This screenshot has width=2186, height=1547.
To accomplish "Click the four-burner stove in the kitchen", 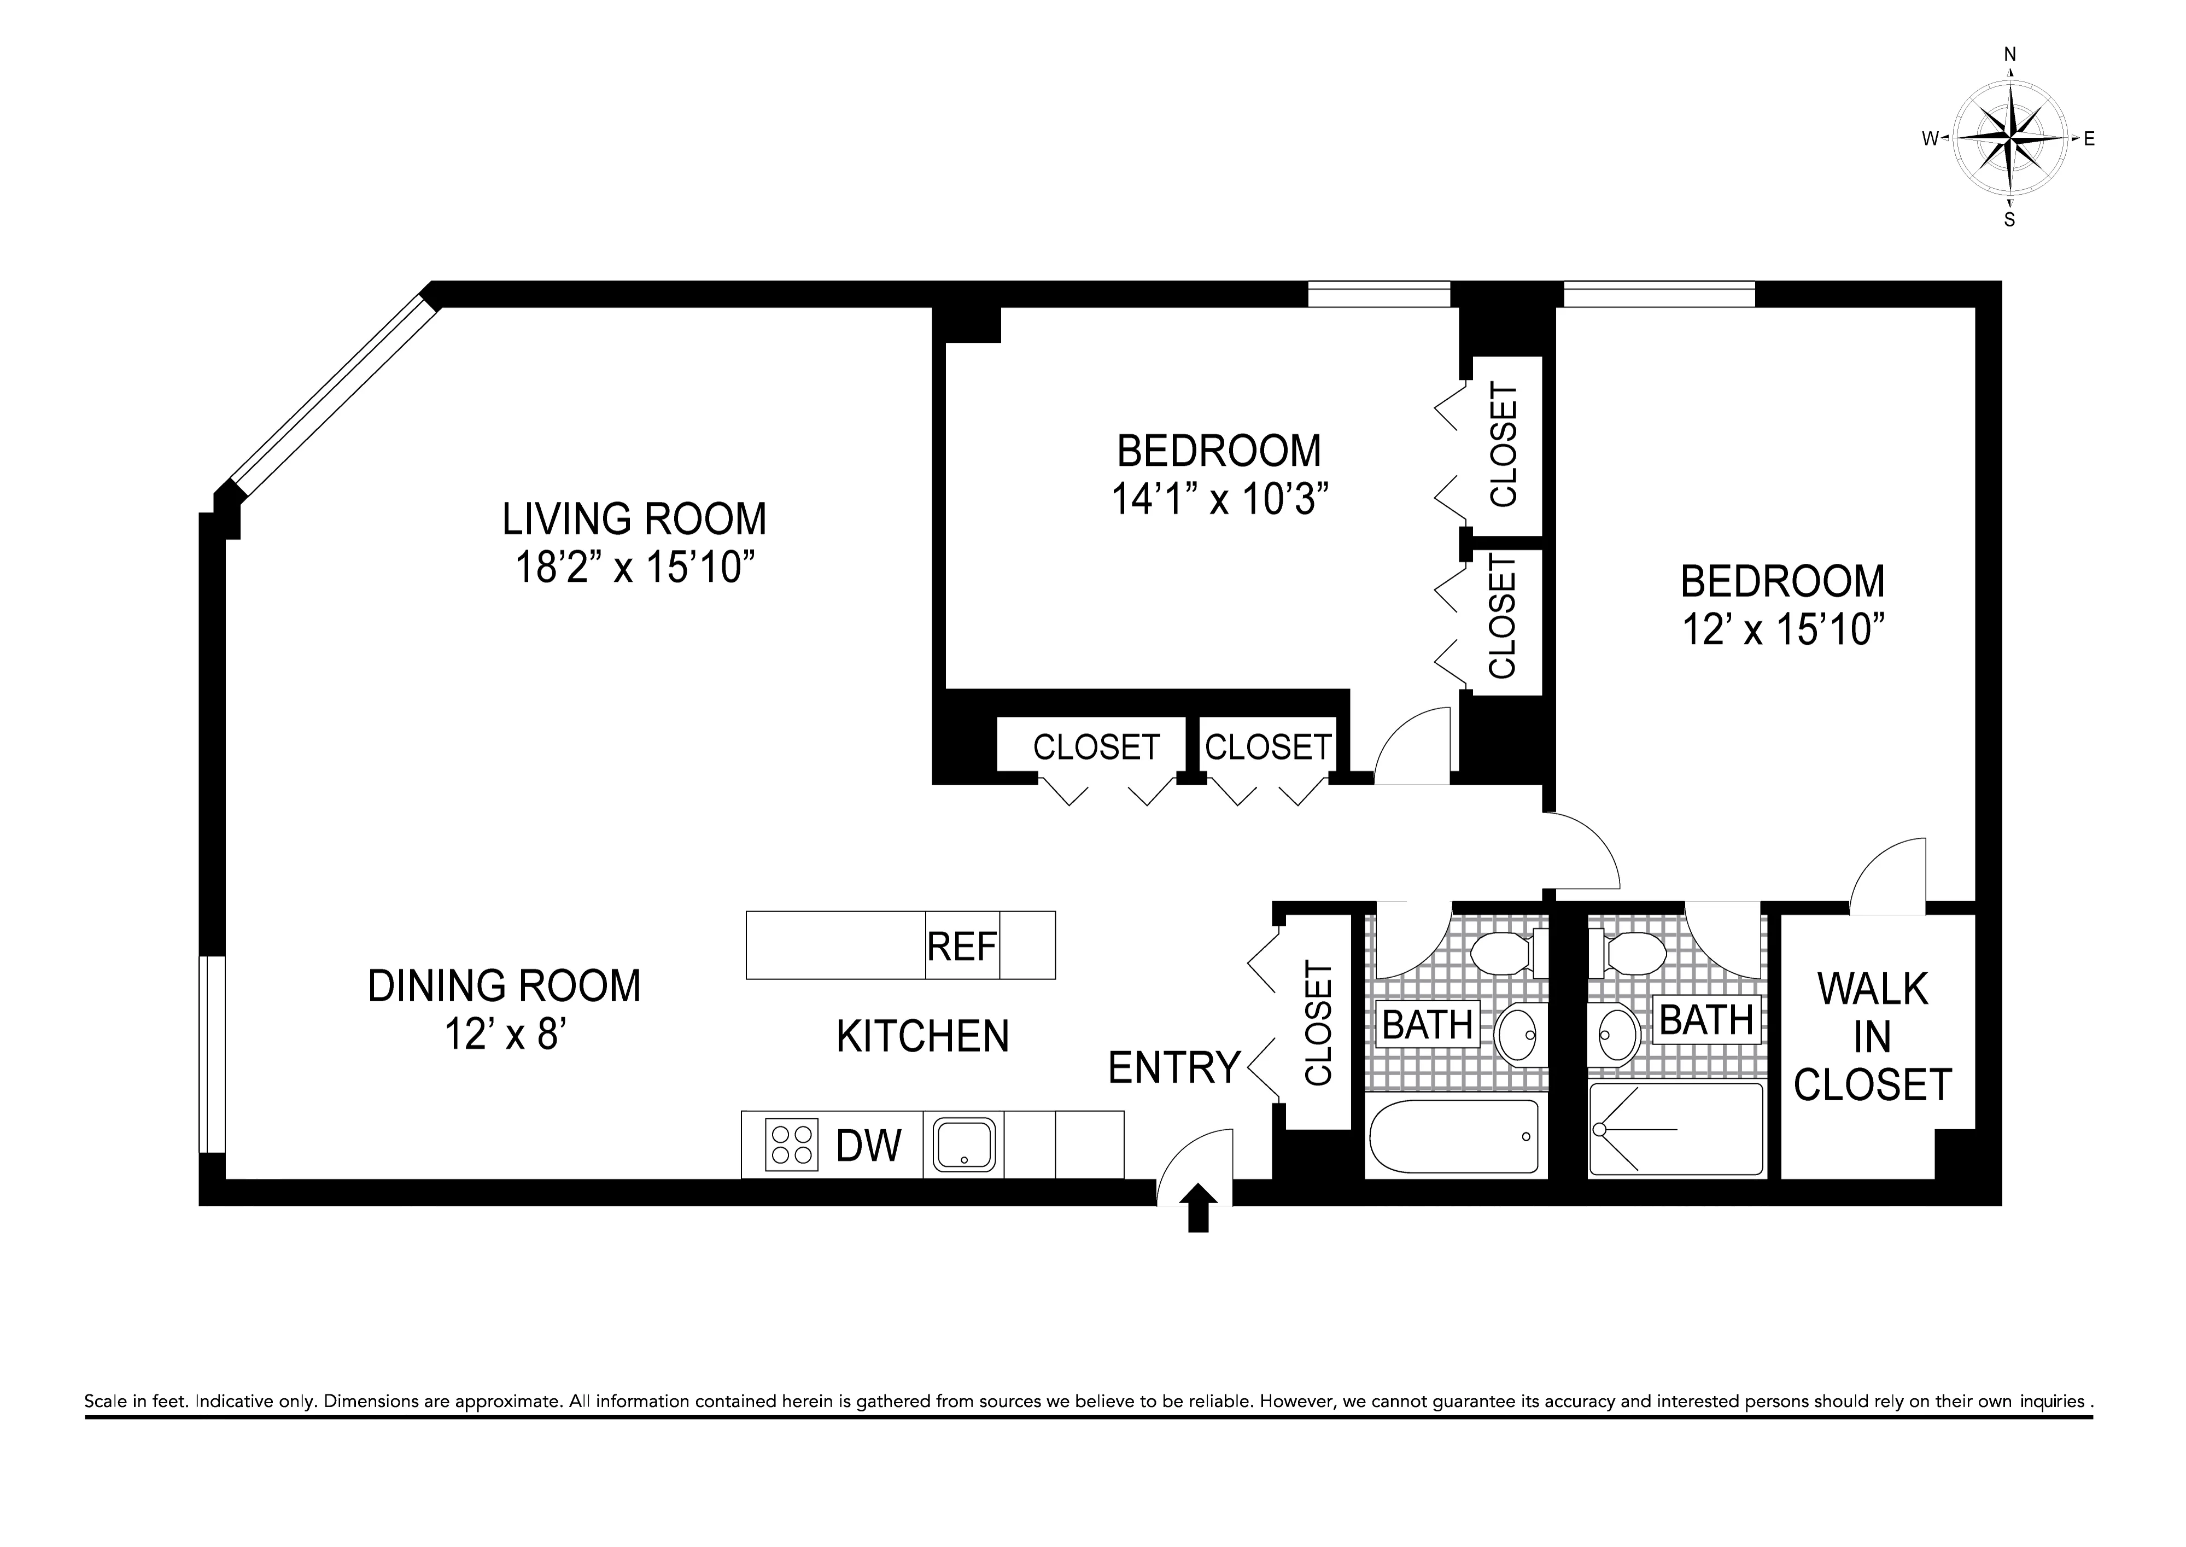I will click(792, 1144).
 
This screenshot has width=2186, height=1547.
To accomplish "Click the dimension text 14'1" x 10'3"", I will click(1219, 498).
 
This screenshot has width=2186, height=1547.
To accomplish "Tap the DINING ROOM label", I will click(504, 986).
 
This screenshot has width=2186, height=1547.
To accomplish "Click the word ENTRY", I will click(1174, 1068).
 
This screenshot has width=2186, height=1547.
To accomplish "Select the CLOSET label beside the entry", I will click(1318, 1024).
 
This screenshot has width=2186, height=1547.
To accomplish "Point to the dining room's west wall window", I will click(212, 1054).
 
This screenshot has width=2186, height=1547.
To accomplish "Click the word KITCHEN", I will click(922, 1036).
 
